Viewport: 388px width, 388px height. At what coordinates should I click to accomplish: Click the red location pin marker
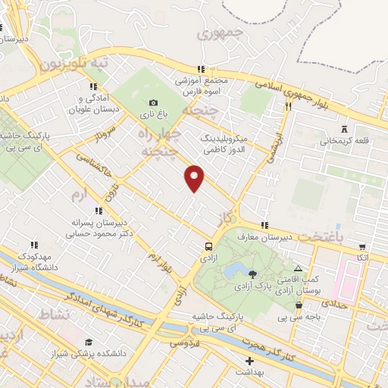tap(196, 177)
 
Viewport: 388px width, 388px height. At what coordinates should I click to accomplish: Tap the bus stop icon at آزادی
tap(208, 246)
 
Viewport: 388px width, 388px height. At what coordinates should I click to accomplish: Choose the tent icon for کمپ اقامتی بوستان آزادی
tap(298, 269)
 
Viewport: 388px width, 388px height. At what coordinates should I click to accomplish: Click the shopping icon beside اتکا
tap(362, 246)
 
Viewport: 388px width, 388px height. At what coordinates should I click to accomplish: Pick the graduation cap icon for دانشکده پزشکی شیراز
tap(89, 342)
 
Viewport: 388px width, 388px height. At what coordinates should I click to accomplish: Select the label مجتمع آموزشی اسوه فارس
tap(202, 86)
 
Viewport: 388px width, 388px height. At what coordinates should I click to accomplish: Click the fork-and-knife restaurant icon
tap(288, 107)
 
